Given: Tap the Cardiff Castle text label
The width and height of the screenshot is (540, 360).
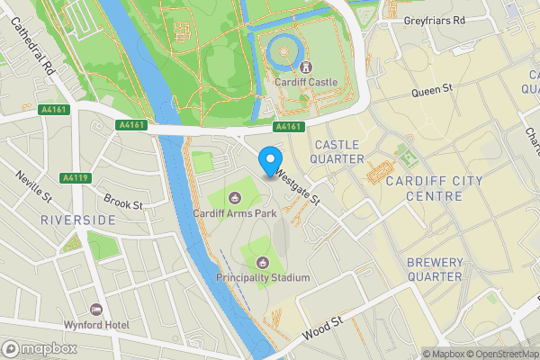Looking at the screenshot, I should [x=306, y=82].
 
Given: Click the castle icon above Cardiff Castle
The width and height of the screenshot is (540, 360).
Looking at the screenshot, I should [x=306, y=67].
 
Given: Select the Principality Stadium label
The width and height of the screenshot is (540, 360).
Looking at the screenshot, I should [x=263, y=278].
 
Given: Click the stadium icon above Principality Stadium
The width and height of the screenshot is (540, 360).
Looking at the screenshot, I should [x=263, y=263].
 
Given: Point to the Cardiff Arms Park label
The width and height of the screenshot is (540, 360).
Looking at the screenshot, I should [x=235, y=213].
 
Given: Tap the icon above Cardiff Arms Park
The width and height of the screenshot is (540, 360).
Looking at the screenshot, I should [x=235, y=197].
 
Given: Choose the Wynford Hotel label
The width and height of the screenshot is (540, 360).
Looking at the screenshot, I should [x=96, y=324].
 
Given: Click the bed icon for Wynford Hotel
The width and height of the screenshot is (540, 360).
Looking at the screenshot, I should [x=96, y=309].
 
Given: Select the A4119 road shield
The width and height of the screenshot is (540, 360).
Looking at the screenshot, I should [x=75, y=178].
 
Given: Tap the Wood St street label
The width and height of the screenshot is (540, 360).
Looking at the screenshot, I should [x=322, y=327].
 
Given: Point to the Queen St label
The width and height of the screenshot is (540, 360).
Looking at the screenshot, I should [x=430, y=92].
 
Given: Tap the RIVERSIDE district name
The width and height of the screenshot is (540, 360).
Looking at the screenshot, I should [x=78, y=220].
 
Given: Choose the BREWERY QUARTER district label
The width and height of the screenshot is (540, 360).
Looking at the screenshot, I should [x=436, y=270].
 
